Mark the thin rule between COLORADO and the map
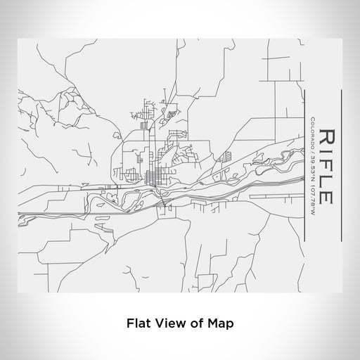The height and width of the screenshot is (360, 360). (x=304, y=169)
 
